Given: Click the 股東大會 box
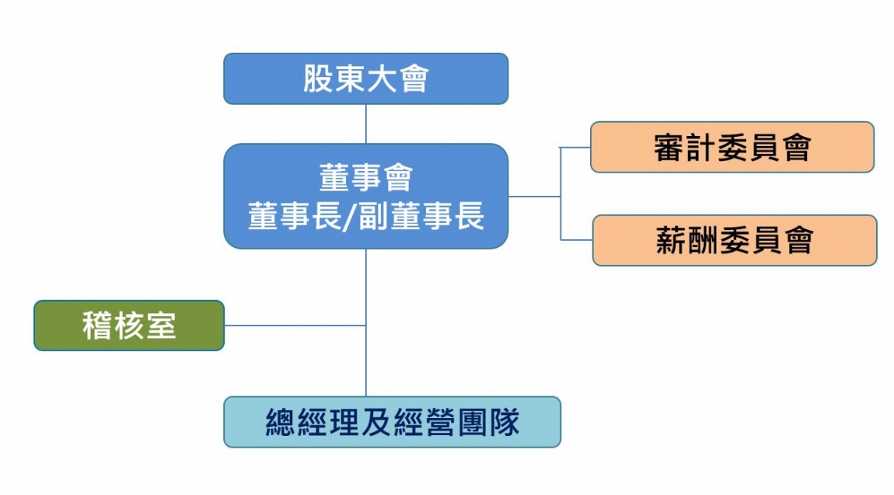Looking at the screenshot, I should click(365, 78).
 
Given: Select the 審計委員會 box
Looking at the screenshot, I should click(732, 147).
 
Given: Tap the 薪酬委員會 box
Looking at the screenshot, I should click(734, 240).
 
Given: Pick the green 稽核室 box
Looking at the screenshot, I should click(129, 326).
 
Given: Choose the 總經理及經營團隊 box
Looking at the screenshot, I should click(392, 422).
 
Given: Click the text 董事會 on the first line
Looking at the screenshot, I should click(365, 178).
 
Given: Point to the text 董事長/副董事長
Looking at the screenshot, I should click(365, 217).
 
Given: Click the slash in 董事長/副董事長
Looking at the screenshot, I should click(350, 217).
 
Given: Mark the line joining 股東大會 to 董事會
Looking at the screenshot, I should click(366, 124).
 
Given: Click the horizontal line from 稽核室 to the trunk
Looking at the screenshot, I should click(295, 326).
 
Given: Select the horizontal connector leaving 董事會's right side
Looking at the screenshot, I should click(534, 197).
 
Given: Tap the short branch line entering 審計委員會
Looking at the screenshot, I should click(575, 147).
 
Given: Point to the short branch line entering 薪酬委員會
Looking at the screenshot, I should click(576, 239).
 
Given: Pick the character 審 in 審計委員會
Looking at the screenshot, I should click(669, 148).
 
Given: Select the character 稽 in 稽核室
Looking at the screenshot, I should click(96, 326).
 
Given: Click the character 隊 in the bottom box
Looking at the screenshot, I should click(504, 423).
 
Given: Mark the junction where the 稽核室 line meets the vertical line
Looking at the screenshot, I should click(366, 326).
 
